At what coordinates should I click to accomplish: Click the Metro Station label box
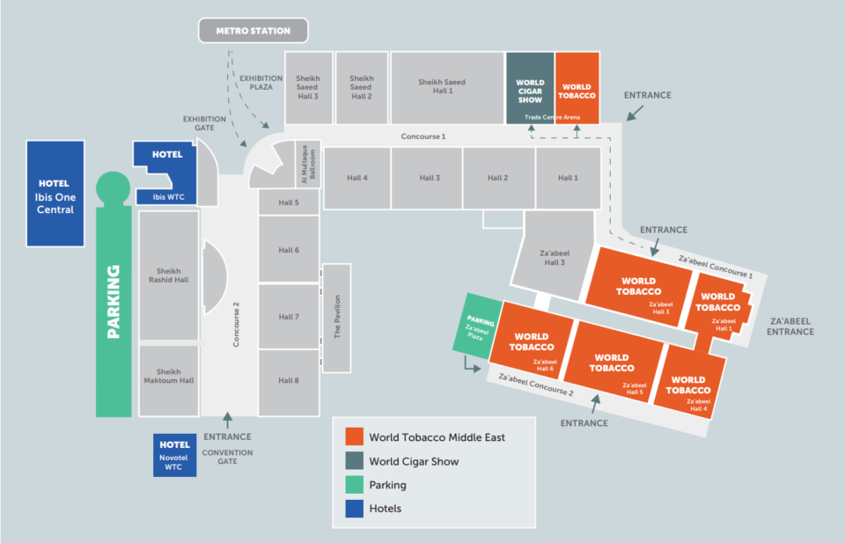[253, 31]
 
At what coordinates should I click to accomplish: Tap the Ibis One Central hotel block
[55, 194]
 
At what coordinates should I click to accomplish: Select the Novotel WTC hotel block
[174, 455]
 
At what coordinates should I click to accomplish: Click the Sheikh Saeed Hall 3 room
[309, 88]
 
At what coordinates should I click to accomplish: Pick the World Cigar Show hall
[530, 88]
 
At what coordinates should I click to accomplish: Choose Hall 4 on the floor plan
[357, 178]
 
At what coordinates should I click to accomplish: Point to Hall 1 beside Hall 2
[568, 178]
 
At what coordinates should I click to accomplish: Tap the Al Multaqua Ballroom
[309, 165]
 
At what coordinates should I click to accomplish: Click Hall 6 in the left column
[289, 249]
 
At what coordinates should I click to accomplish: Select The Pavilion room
[337, 318]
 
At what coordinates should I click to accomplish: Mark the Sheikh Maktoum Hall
[169, 380]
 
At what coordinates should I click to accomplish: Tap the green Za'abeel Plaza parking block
[477, 326]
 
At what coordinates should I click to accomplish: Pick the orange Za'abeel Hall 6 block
[533, 341]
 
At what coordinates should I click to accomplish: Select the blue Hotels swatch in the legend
[354, 509]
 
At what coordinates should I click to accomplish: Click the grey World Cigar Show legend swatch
[354, 461]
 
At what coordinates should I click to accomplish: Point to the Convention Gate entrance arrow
[227, 420]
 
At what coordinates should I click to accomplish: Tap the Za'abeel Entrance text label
[790, 327]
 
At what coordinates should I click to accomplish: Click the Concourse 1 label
[423, 136]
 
